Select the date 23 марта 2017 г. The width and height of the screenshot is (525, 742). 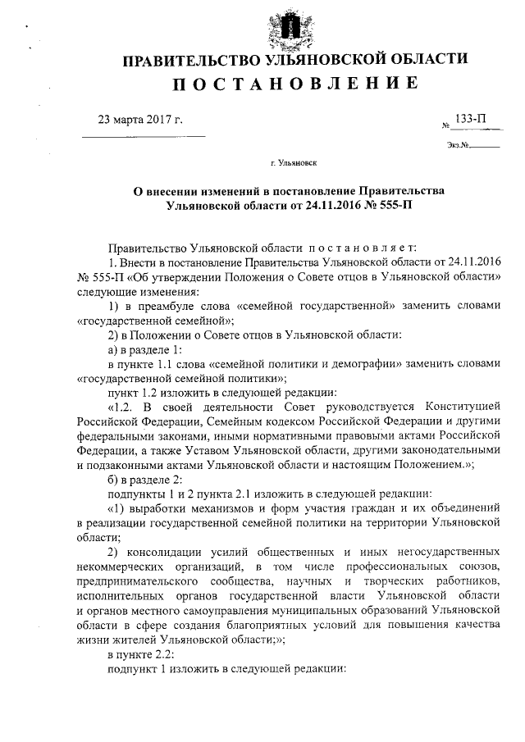pos(139,120)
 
